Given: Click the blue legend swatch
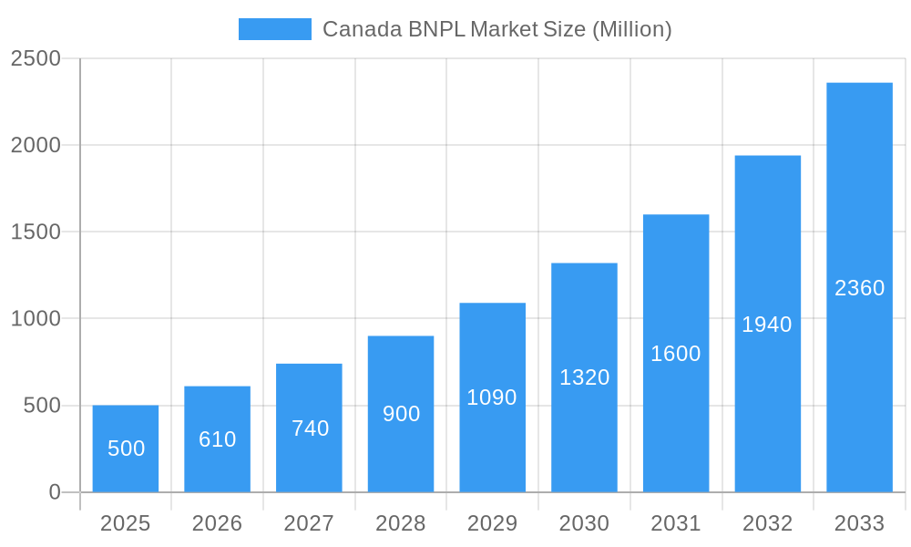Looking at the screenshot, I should click(x=274, y=29).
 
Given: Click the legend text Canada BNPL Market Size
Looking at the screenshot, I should click(x=496, y=29).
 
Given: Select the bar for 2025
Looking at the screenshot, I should click(x=126, y=449).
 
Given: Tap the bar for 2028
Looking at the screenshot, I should click(x=401, y=414).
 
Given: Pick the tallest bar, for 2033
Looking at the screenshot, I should click(x=859, y=288).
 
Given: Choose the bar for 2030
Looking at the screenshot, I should click(x=584, y=377).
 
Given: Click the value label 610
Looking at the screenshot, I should click(x=218, y=439).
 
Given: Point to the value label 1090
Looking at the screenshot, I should click(x=492, y=397).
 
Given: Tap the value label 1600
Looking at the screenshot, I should click(x=676, y=354).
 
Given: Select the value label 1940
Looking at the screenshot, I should click(x=767, y=325).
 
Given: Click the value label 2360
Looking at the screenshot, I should click(x=859, y=288).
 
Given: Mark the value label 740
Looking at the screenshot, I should click(x=310, y=428).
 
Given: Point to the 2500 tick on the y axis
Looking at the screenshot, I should click(x=36, y=58).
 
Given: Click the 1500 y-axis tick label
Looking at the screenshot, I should click(x=36, y=232).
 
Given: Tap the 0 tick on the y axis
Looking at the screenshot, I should click(x=54, y=492).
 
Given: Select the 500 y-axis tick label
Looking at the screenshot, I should click(x=42, y=406).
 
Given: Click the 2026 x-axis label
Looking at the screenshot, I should click(x=217, y=523).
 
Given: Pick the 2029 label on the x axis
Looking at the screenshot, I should click(x=492, y=523).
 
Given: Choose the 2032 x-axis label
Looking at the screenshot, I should click(x=767, y=523).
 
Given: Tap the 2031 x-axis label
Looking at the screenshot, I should click(x=676, y=523).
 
